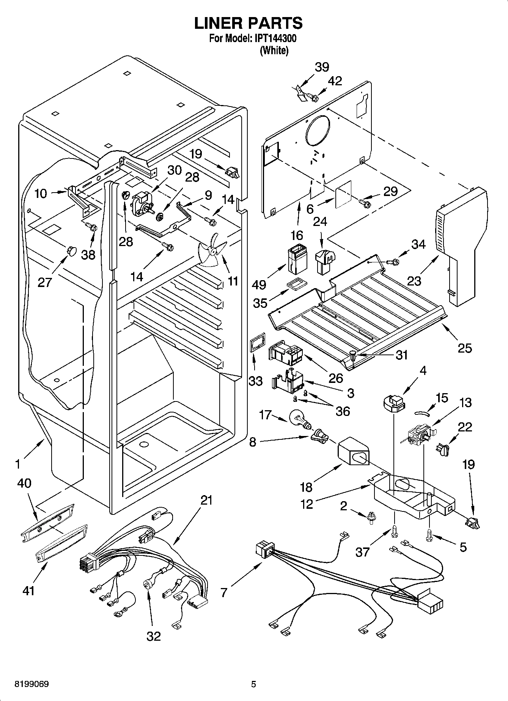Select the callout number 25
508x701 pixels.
click(x=465, y=348)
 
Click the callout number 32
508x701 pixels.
click(x=154, y=636)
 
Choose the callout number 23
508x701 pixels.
click(x=414, y=281)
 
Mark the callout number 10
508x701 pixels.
click(x=41, y=193)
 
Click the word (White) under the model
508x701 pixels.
click(x=274, y=50)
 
